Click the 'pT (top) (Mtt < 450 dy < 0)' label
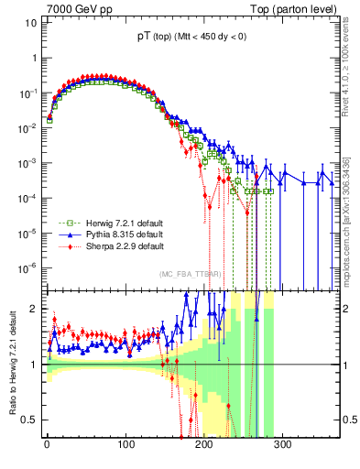[x=190, y=38]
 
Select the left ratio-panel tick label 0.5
[x=27, y=420]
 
